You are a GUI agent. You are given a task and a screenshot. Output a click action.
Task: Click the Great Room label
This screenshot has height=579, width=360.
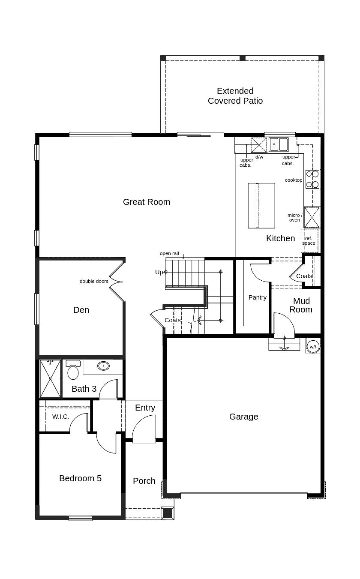click(x=146, y=202)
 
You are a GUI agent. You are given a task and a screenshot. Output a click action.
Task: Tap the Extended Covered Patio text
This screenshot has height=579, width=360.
click(x=235, y=96)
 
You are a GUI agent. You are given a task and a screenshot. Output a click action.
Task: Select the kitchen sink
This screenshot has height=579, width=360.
click(x=279, y=144)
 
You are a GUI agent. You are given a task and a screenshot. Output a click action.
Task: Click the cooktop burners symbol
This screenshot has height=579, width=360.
click(x=312, y=179)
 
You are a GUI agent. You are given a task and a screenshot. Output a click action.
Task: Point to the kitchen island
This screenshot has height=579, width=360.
click(x=261, y=205)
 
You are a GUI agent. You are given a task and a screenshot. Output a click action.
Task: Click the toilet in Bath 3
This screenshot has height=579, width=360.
click(x=73, y=370)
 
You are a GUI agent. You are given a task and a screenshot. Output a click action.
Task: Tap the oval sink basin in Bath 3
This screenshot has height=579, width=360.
click(x=103, y=366)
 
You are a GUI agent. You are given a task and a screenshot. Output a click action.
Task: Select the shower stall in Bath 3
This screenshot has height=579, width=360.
click(x=51, y=379)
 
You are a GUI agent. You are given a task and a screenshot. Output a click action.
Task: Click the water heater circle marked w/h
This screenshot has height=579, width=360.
click(x=313, y=346)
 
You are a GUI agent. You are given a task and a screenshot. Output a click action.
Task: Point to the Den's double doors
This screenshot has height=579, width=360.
click(x=116, y=282)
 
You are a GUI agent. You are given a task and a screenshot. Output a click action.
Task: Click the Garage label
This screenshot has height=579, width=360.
click(x=243, y=417)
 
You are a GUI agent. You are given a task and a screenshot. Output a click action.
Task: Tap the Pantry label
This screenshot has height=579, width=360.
click(x=258, y=297)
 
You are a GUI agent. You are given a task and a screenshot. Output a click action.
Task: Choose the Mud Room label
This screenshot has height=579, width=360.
click(x=301, y=305)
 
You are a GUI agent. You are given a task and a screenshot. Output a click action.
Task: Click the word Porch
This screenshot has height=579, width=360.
click(x=144, y=481)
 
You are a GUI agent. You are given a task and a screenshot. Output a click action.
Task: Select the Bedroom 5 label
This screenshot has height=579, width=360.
click(x=80, y=478)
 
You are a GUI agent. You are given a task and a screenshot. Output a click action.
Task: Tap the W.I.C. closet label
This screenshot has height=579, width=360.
click(x=60, y=417)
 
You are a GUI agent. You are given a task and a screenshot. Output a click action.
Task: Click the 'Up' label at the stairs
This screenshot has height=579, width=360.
click(x=159, y=272)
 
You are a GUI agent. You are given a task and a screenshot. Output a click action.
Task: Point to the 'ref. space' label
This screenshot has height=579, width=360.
click(x=309, y=241)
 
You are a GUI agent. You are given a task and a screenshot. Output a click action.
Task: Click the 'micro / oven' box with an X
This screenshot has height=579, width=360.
click(x=312, y=217)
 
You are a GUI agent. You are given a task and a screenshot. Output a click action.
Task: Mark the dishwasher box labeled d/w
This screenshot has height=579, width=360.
click(x=259, y=145)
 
